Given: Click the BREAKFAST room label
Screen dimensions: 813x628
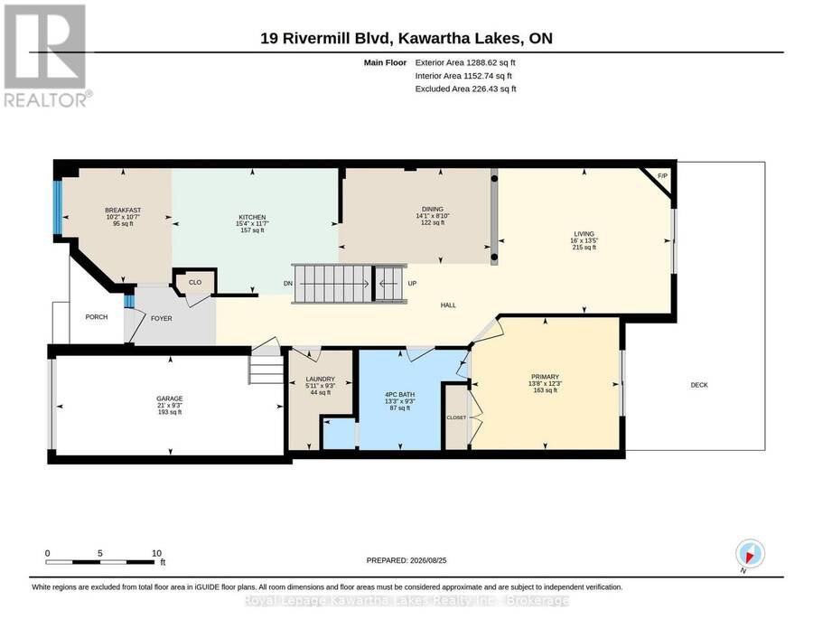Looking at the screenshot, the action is [123, 211].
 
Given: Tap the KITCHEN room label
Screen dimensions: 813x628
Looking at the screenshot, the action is [252, 217].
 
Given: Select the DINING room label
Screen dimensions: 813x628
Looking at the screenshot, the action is [433, 210].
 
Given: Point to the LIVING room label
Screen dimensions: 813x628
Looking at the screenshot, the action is [584, 234].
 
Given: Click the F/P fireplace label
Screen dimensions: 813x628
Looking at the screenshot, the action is [662, 176].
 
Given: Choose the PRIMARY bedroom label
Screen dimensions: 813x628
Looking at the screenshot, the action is [545, 377].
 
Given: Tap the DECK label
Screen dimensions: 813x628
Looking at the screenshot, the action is [699, 385].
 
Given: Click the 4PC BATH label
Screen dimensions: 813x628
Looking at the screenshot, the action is [400, 395].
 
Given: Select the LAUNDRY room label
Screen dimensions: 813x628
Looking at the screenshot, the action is [321, 380].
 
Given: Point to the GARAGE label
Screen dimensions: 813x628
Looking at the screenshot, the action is [170, 398].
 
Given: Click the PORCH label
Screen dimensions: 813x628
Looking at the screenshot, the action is [97, 317].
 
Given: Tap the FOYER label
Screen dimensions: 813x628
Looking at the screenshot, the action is [162, 318].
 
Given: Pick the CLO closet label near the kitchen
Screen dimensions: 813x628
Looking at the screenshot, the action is [195, 283].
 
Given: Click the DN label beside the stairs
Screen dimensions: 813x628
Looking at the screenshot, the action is [288, 284].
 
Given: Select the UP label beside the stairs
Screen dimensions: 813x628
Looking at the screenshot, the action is [412, 284].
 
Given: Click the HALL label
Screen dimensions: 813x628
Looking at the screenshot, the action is [448, 305].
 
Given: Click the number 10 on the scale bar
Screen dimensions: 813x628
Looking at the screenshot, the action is [156, 553].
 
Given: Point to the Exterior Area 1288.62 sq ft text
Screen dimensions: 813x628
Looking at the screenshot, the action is [465, 62].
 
